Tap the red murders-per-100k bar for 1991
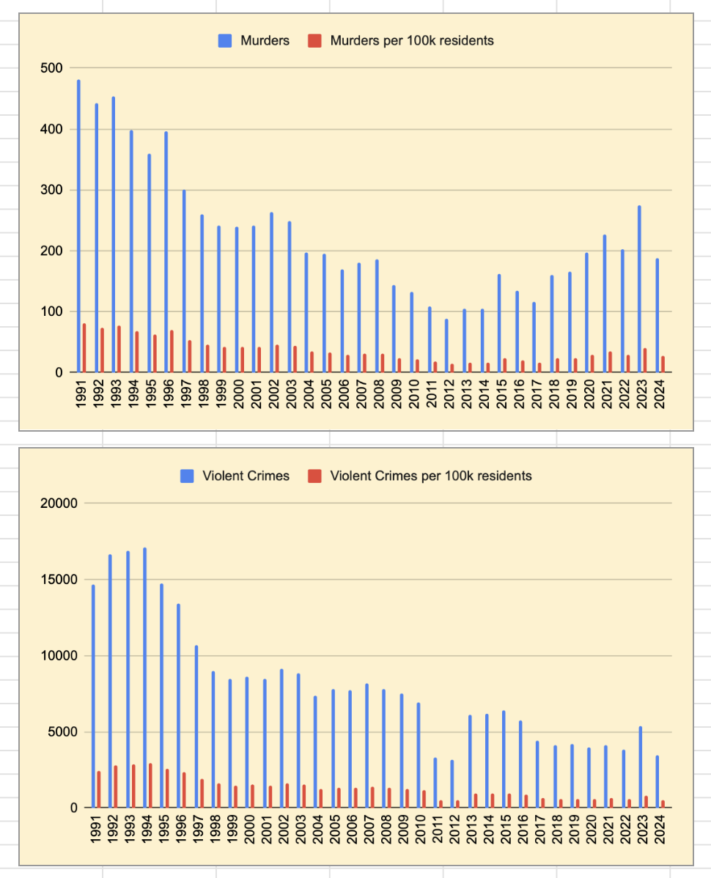click(84, 348)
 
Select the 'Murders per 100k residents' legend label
click(412, 41)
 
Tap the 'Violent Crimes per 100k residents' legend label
click(431, 476)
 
